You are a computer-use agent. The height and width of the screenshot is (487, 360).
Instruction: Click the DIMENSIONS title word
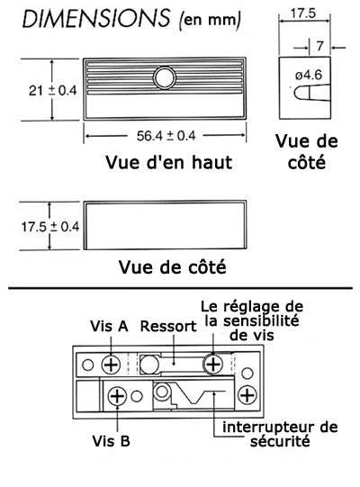pyautogui.click(x=95, y=18)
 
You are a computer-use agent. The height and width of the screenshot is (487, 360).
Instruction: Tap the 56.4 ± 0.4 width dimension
pyautogui.click(x=166, y=136)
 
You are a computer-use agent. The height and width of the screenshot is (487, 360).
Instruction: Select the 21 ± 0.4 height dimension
pyautogui.click(x=52, y=90)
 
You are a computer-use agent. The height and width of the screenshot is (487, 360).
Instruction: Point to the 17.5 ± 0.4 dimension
pyautogui.click(x=50, y=227)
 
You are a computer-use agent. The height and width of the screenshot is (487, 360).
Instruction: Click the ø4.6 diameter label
pyautogui.click(x=308, y=75)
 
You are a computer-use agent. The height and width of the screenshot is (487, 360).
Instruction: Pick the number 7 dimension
pyautogui.click(x=319, y=46)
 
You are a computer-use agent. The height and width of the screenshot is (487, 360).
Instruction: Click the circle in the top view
pyautogui.click(x=165, y=77)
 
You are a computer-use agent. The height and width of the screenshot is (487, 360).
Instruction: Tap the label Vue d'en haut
pyautogui.click(x=168, y=162)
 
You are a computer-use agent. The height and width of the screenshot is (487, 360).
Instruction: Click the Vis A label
pyautogui.click(x=109, y=326)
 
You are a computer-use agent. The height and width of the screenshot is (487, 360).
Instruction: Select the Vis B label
pyautogui.click(x=111, y=441)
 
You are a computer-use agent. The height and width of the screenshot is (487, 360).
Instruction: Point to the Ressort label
pyautogui.click(x=168, y=326)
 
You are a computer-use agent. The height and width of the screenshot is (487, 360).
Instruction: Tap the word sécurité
pyautogui.click(x=280, y=441)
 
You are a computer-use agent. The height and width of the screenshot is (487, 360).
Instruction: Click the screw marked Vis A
pyautogui.click(x=112, y=365)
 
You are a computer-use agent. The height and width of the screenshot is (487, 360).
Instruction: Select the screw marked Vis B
pyautogui.click(x=117, y=396)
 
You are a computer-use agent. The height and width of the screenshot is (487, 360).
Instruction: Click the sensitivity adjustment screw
pyautogui.click(x=213, y=364)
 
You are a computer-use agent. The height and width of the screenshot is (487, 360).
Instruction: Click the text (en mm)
pyautogui.click(x=210, y=20)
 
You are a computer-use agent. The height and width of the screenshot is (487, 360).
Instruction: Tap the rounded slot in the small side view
pyautogui.click(x=310, y=93)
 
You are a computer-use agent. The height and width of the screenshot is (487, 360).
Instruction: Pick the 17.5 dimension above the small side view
pyautogui.click(x=302, y=14)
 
